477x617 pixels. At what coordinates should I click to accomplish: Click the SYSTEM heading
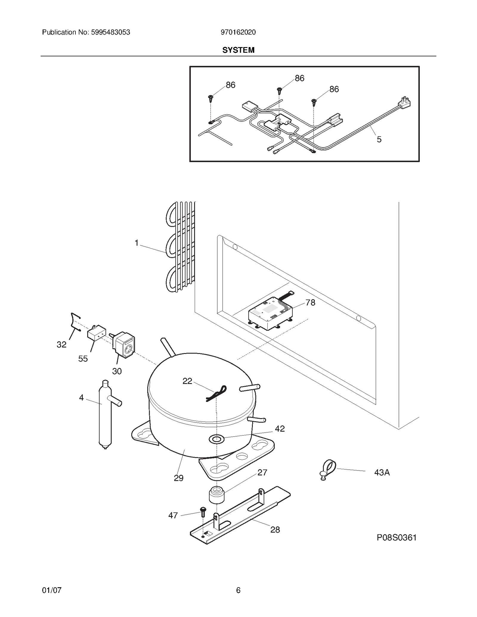coord(238,50)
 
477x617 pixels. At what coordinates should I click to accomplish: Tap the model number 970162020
coord(238,32)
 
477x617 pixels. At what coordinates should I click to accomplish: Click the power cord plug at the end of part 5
coord(405,102)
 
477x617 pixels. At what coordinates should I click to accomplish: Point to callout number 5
coord(379,139)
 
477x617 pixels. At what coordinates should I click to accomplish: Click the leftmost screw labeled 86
coord(211,98)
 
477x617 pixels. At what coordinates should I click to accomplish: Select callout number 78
coord(310,303)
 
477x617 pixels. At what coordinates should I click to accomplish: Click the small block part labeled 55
coord(96,333)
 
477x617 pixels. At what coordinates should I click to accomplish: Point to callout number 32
coord(61,345)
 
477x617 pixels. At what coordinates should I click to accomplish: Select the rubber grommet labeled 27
coord(217,495)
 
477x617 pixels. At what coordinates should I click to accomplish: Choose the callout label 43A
coord(382,473)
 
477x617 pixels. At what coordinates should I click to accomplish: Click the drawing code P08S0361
coord(396,537)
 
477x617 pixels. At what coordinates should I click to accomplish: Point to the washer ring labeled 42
coord(216,439)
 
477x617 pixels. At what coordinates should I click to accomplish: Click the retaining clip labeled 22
coord(217,394)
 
